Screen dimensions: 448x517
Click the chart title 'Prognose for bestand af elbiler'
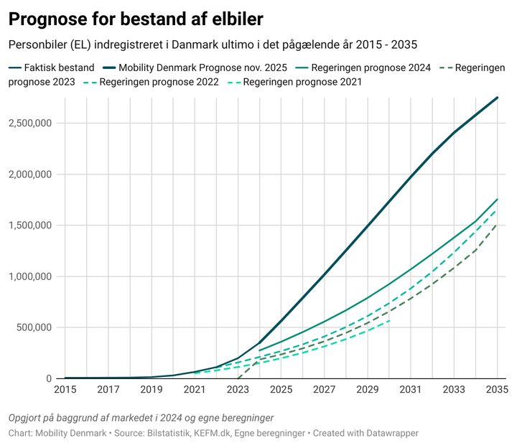tap(136, 19)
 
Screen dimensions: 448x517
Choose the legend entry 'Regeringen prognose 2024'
tap(370, 67)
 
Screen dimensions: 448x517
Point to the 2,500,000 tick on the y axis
tap(29, 123)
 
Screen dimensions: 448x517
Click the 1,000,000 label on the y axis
tap(29, 276)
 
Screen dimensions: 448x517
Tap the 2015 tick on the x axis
tap(65, 389)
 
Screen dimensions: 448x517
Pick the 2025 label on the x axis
tap(281, 389)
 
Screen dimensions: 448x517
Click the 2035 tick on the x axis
tap(496, 389)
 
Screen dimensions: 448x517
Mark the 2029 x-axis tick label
tap(367, 389)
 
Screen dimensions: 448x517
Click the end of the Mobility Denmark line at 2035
tap(497, 98)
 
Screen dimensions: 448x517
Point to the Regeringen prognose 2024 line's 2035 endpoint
tap(497, 200)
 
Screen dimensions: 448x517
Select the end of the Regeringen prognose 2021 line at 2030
tap(389, 321)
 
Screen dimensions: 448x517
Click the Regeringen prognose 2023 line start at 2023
tap(238, 378)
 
